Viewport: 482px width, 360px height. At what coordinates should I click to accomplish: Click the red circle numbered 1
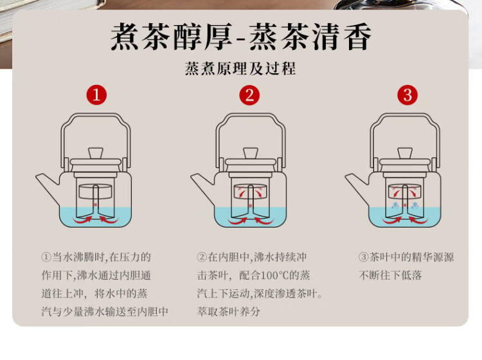96,94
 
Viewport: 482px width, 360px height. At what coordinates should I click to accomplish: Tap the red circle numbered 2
249,95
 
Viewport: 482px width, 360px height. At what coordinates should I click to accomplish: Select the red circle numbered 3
407,95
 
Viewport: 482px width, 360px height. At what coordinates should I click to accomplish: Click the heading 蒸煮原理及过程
240,69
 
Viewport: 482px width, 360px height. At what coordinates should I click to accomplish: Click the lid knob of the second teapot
251,153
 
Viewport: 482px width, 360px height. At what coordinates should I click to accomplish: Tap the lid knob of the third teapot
405,153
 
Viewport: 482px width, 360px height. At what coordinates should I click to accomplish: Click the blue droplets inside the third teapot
405,206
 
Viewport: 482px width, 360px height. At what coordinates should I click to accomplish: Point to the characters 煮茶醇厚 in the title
171,37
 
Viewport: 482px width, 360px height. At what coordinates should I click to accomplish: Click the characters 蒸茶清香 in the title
310,37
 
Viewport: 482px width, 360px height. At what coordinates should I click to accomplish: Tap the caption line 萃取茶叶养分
228,312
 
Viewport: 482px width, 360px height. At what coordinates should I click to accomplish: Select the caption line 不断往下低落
390,275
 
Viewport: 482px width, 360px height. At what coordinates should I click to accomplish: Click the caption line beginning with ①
96,257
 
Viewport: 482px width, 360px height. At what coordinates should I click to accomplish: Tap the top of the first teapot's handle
95,115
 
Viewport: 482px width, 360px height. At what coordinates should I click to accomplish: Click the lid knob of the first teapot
96,153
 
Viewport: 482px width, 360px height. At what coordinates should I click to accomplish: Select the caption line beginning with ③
406,257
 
